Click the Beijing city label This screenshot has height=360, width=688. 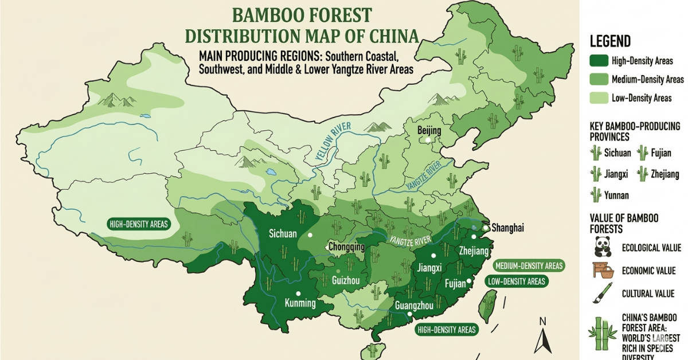(x=429, y=131)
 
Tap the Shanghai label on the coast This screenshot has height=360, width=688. (x=507, y=228)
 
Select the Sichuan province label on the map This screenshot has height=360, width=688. (x=283, y=233)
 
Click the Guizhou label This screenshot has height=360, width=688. (x=346, y=280)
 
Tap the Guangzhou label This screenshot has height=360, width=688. (x=414, y=306)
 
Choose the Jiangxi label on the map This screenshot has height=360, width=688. (x=429, y=268)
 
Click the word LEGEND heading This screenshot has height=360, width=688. (x=610, y=41)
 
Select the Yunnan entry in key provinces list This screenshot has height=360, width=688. (x=616, y=195)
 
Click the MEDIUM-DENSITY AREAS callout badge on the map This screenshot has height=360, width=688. (x=528, y=265)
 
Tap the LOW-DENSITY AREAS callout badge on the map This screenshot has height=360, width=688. (x=516, y=281)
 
